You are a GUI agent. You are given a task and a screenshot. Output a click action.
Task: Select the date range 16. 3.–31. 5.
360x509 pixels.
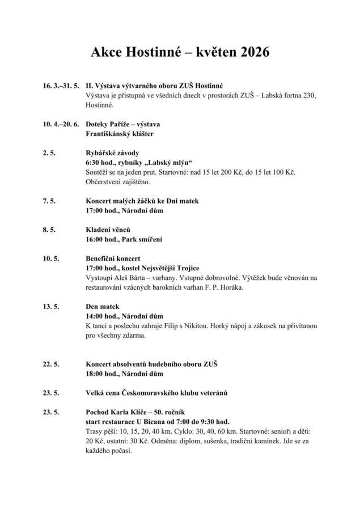point(60,86)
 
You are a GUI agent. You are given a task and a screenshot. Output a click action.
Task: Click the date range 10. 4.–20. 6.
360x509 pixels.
point(60,124)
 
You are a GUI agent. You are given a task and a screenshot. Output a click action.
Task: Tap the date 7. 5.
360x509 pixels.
point(49,201)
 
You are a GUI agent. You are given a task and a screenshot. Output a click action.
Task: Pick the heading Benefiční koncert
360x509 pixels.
point(113,258)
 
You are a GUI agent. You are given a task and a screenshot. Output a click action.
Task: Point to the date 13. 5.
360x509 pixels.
point(50,307)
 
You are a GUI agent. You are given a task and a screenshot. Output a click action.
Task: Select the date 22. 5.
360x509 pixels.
point(50,364)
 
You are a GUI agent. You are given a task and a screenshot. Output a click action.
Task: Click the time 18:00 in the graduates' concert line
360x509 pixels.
point(94,374)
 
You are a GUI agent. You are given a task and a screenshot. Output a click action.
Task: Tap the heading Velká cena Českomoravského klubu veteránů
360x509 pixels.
point(160,393)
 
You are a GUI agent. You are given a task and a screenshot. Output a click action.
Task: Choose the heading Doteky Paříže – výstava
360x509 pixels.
point(122,124)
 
